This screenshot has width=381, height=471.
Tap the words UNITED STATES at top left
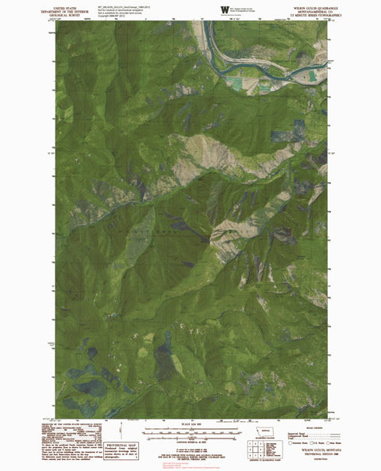click(x=71, y=6)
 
